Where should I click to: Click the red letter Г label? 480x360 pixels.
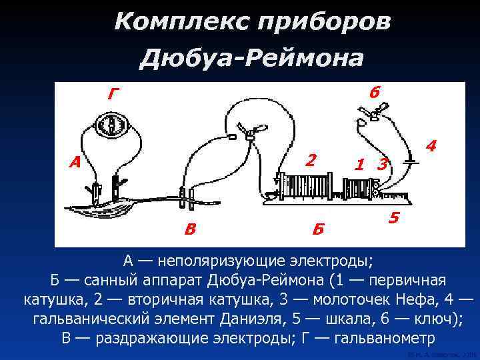(114, 95)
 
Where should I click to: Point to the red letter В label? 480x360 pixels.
(191, 230)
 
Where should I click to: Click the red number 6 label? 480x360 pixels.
(375, 94)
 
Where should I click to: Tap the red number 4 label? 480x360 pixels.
(431, 145)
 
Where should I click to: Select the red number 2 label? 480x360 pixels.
(311, 160)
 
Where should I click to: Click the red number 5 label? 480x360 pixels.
(395, 218)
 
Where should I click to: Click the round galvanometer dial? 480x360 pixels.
(111, 125)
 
